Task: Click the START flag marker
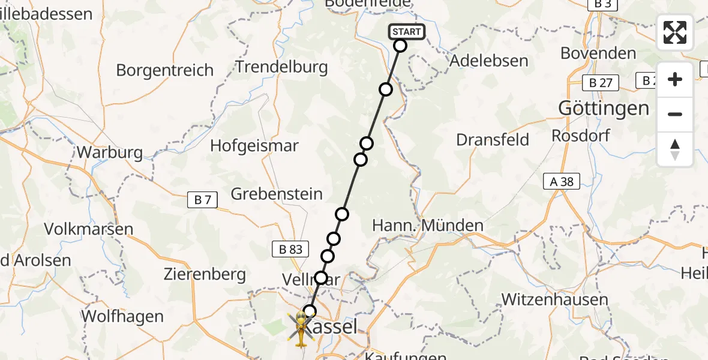[x=407, y=32]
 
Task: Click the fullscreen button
[x=675, y=32]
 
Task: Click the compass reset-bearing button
[x=675, y=149]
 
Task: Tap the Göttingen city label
[x=604, y=109]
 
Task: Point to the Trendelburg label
[x=281, y=67]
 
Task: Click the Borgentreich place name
[x=164, y=70]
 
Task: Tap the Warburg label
[x=110, y=152]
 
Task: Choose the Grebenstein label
[x=277, y=194]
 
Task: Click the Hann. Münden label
[x=428, y=226]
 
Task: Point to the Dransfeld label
[x=493, y=140]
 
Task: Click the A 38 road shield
[x=562, y=181]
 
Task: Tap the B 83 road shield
[x=290, y=249]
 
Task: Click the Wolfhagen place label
[x=122, y=316]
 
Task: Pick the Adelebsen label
[x=488, y=61]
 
